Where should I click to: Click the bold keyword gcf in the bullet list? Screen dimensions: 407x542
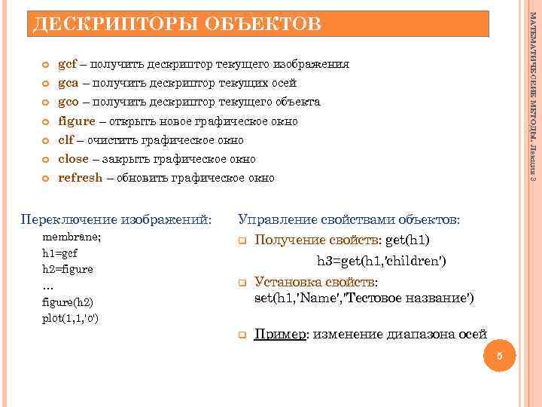coord(69,64)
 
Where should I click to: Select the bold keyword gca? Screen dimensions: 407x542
coord(69,83)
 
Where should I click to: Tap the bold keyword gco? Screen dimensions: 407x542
coord(69,102)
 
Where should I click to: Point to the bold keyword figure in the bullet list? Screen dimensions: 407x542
coord(77,121)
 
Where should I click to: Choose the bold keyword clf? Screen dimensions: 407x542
coord(65,140)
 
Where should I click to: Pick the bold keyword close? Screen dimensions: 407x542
coord(73,159)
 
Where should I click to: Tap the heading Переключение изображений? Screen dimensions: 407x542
coord(116,220)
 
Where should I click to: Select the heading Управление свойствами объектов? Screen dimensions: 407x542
coord(349,219)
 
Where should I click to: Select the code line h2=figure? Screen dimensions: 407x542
coord(67,269)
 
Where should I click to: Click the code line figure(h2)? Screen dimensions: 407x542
coord(68,301)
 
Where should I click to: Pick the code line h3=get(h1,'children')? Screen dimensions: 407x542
coord(381,261)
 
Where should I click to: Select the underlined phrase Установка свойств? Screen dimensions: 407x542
coord(315,282)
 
